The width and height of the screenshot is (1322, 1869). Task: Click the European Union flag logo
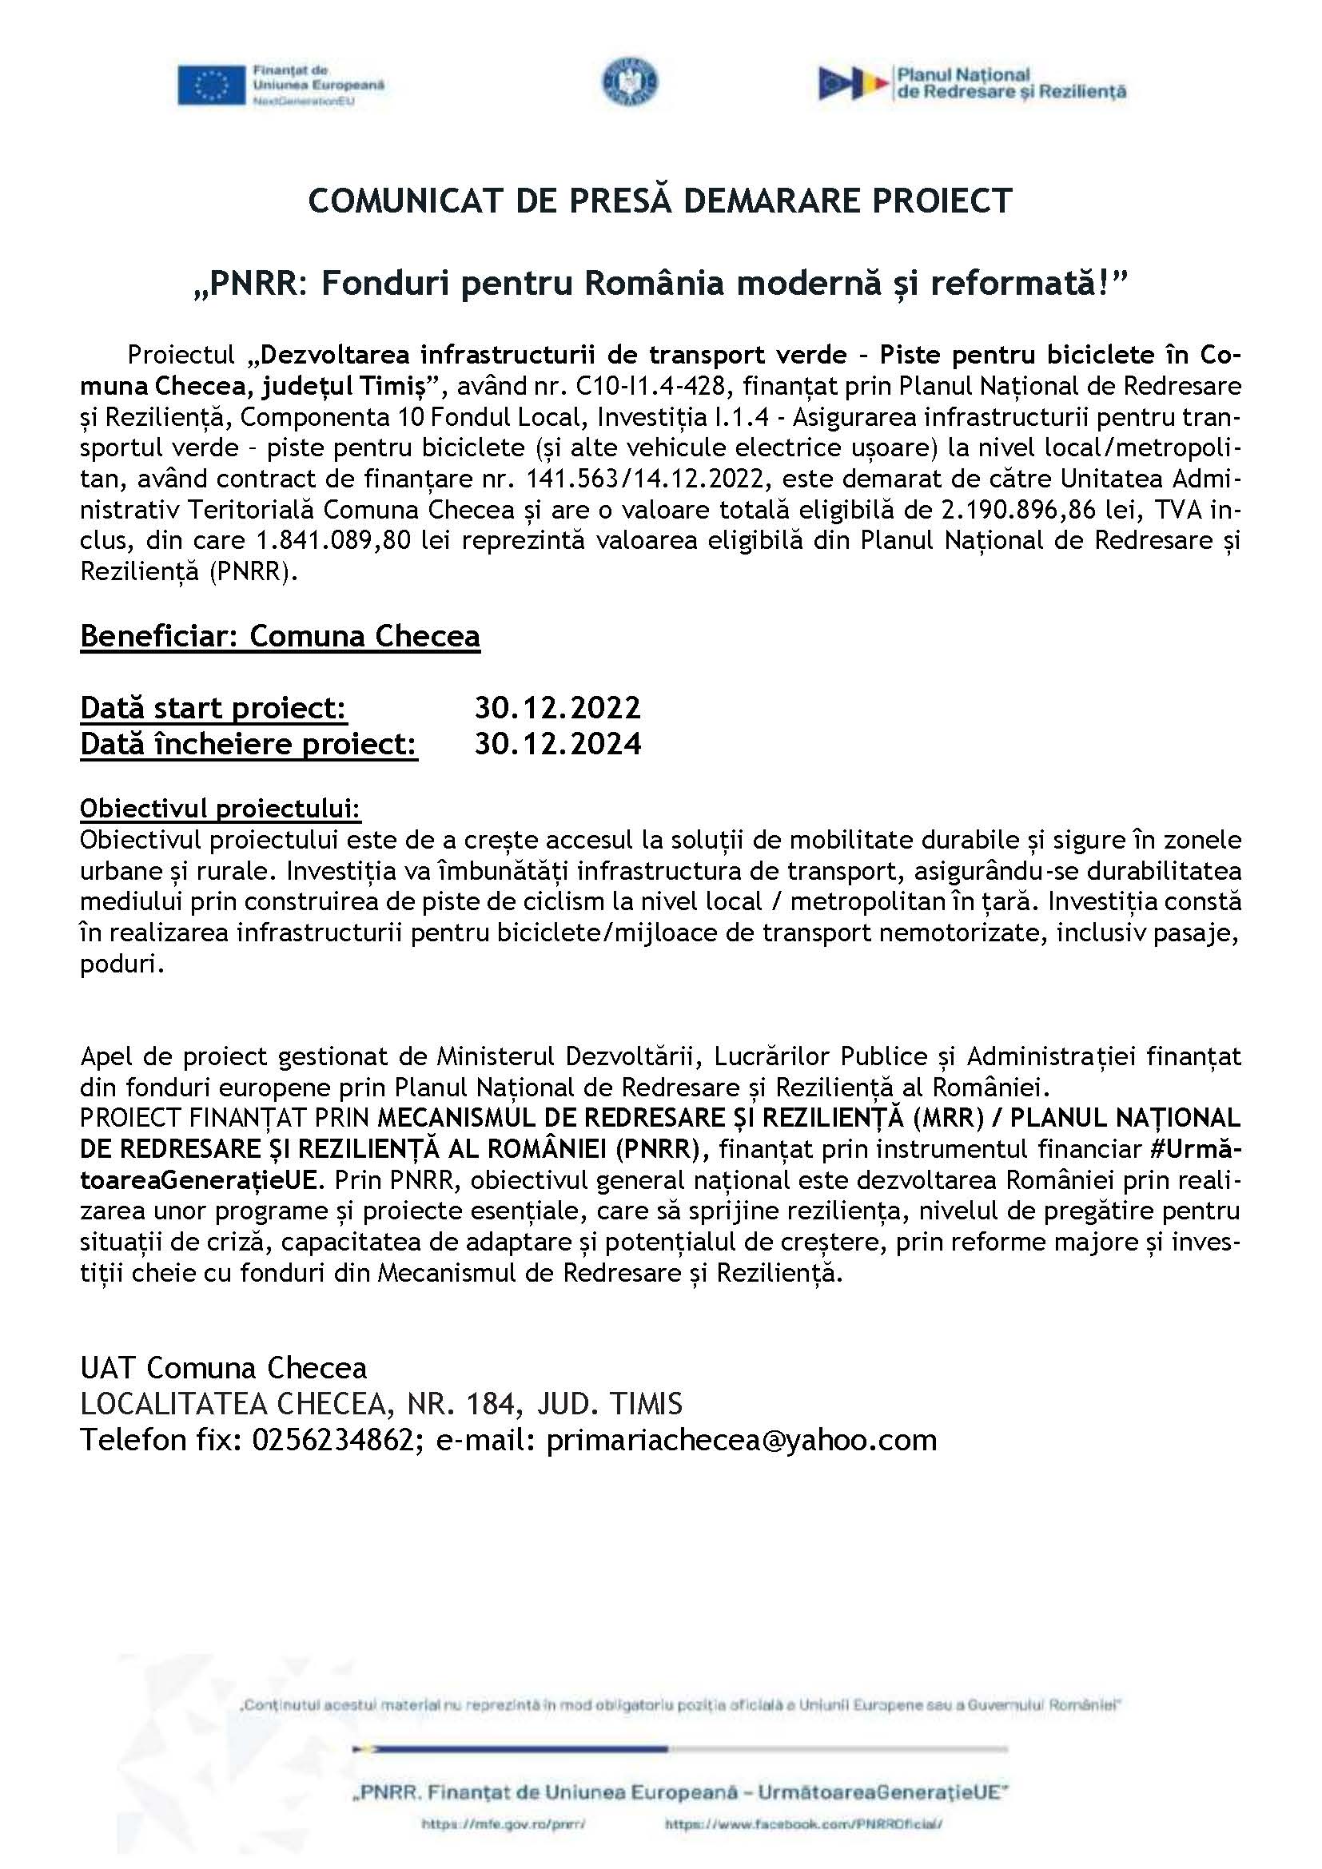coord(212,85)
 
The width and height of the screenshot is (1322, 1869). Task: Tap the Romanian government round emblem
coord(630,82)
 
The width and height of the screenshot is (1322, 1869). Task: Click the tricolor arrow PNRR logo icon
coord(852,83)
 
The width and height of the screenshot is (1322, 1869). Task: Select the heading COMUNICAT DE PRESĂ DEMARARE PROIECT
coord(660,201)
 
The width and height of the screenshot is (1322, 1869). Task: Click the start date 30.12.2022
coord(558,707)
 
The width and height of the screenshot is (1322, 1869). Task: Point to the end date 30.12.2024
coord(558,743)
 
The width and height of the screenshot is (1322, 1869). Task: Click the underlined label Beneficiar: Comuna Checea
coord(280,636)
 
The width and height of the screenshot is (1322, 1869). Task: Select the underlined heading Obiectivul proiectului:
coord(221,809)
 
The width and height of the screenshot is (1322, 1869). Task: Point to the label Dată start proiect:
coord(213,707)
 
